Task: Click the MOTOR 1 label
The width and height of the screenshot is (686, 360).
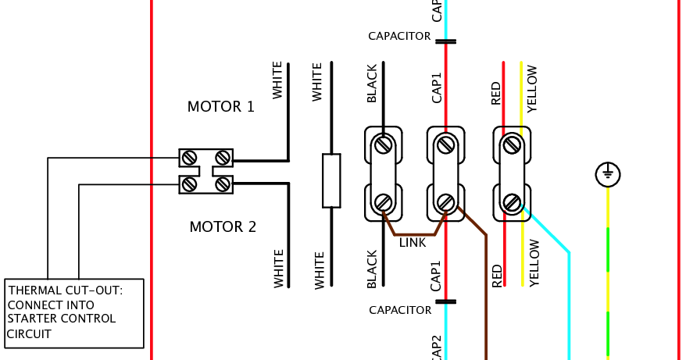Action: pyautogui.click(x=221, y=107)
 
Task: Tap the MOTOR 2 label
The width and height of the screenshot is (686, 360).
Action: pyautogui.click(x=223, y=227)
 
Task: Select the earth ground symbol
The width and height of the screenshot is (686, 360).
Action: pyautogui.click(x=608, y=174)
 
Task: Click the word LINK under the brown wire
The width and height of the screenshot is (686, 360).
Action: pyautogui.click(x=413, y=243)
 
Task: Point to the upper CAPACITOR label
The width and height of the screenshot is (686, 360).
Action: pyautogui.click(x=399, y=36)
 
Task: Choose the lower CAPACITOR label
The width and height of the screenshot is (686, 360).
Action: pyautogui.click(x=400, y=310)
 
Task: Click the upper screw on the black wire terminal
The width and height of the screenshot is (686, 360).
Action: pyautogui.click(x=383, y=144)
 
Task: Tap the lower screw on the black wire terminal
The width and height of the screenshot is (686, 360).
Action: pyautogui.click(x=383, y=203)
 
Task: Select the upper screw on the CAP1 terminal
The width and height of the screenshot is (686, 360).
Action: pyautogui.click(x=445, y=144)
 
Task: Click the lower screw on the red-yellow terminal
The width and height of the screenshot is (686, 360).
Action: pyautogui.click(x=512, y=203)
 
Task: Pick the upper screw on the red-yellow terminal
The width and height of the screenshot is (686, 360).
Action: pyautogui.click(x=512, y=144)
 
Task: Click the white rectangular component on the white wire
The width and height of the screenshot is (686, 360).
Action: pyautogui.click(x=331, y=180)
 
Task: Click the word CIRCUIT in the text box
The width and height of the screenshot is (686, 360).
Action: pyautogui.click(x=30, y=333)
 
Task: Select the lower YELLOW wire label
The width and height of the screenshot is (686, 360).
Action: pyautogui.click(x=534, y=263)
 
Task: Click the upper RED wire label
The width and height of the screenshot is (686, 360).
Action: pyautogui.click(x=496, y=93)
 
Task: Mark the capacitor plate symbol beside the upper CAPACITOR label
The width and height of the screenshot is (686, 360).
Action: pyautogui.click(x=445, y=41)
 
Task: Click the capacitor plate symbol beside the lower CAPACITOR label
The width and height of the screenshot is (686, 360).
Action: pyautogui.click(x=445, y=301)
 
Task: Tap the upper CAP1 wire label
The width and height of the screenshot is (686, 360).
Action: pyautogui.click(x=437, y=87)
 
